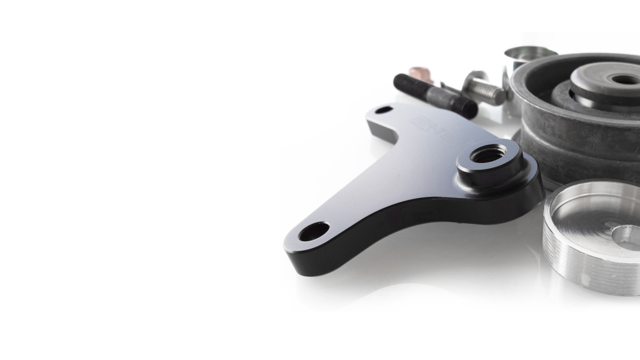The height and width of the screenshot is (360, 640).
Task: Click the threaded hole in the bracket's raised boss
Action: [x=489, y=153]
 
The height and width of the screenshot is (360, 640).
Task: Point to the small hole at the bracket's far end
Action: [x=384, y=110]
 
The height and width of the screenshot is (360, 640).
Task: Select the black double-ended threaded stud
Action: [x=435, y=96]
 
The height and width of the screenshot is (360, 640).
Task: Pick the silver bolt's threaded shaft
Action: [x=491, y=94]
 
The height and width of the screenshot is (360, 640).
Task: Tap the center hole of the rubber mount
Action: [x=624, y=79]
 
